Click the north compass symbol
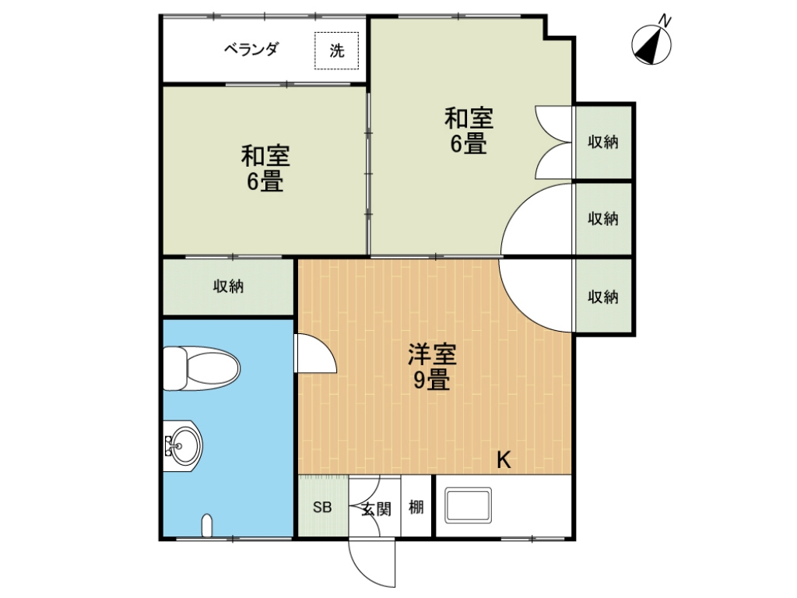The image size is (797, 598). click(651, 44)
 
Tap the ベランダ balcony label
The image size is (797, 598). click(251, 49)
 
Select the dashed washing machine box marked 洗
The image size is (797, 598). click(336, 51)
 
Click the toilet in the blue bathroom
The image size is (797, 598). click(202, 368)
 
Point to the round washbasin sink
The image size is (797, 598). click(183, 446)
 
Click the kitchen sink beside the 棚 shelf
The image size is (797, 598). click(468, 505)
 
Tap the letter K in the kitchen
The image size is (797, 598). click(504, 460)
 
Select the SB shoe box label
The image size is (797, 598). click(322, 507)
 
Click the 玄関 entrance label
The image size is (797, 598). click(377, 508)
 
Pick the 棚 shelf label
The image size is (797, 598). click(416, 507)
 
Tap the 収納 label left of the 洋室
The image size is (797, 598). click(228, 287)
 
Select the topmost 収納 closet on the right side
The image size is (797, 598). click(603, 142)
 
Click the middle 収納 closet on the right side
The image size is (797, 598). click(603, 219)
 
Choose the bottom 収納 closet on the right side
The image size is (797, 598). click(603, 297)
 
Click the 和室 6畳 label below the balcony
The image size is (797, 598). click(265, 168)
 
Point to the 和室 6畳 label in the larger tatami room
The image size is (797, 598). click(469, 130)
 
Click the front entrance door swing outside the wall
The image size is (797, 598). click(372, 562)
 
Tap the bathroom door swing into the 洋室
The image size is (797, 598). click(316, 354)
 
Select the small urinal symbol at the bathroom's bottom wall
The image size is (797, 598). click(207, 526)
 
